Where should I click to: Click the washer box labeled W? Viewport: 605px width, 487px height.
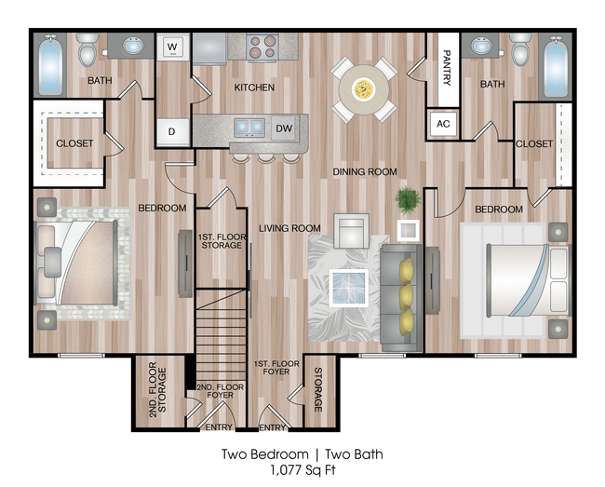coord(173,46)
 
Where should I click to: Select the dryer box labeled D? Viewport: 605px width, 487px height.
coord(172,132)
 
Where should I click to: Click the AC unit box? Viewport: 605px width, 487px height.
coord(443,124)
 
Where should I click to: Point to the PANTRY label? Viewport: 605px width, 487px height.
coord(446,68)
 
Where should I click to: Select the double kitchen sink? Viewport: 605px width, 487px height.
coord(249,128)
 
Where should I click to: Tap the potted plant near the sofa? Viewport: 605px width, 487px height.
coord(407,200)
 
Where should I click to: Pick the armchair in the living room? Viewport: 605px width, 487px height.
coord(351,231)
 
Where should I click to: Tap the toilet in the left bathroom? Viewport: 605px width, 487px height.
coord(88,50)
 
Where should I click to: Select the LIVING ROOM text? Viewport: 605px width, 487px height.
coord(289,228)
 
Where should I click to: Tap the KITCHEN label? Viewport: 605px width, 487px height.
coord(254,88)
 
